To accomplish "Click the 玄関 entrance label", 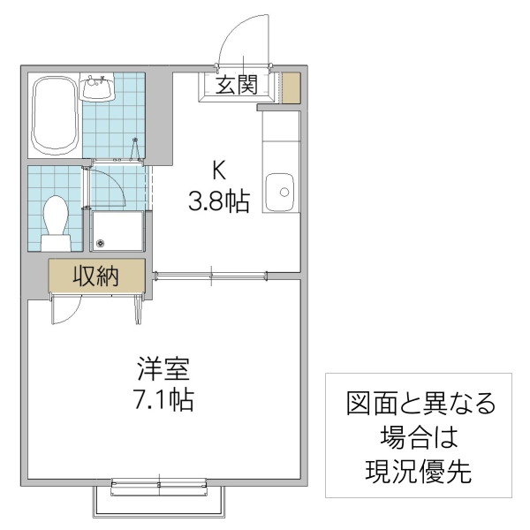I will pyautogui.click(x=237, y=86).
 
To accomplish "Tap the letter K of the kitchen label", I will pyautogui.click(x=216, y=168).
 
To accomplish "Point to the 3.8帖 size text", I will pyautogui.click(x=217, y=202).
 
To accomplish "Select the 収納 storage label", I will pyautogui.click(x=95, y=276).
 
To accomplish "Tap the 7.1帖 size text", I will pyautogui.click(x=163, y=398).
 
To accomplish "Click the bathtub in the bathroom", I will pyautogui.click(x=55, y=117).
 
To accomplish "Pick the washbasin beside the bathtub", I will pyautogui.click(x=97, y=88).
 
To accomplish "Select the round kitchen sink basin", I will pyautogui.click(x=283, y=188).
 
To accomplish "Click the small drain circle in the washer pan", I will pyautogui.click(x=101, y=245).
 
